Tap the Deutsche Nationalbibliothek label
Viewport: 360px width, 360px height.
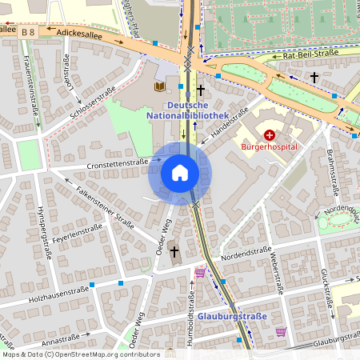[187, 110]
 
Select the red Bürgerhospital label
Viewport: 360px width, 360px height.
[270, 147]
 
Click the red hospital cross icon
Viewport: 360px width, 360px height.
[270, 135]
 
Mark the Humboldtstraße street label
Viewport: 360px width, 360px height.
[193, 315]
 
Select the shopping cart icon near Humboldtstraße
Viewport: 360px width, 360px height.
[199, 273]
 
